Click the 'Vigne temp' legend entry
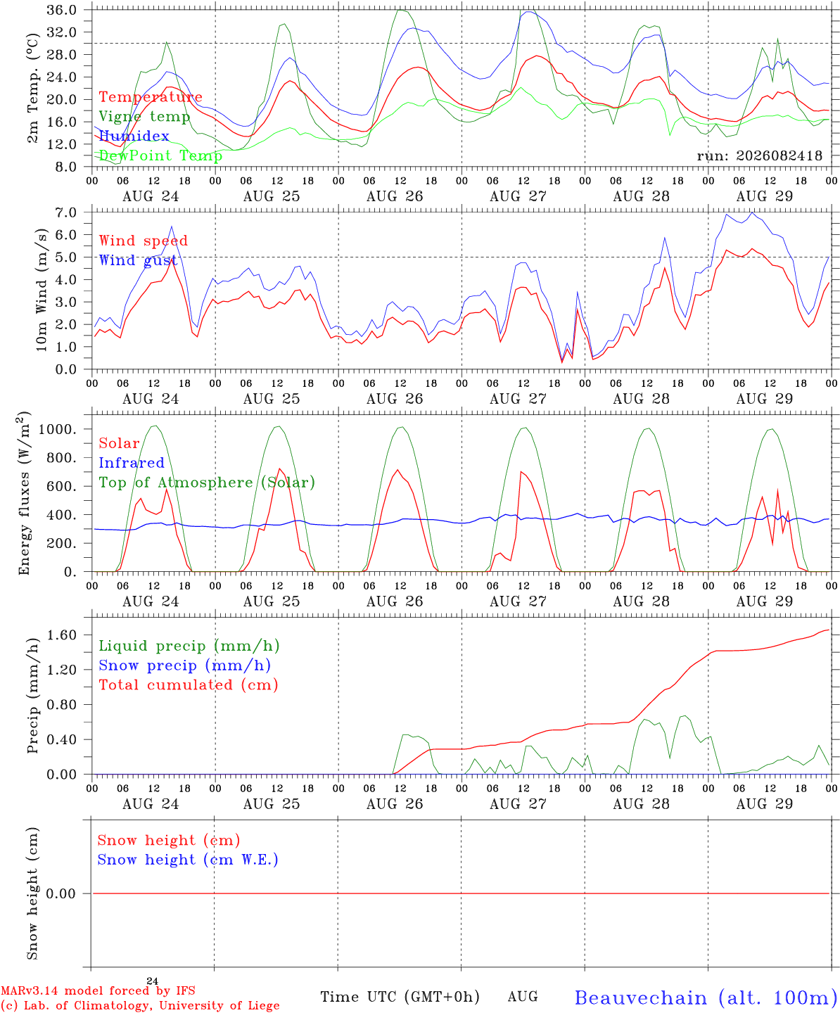point(144,117)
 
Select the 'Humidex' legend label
point(134,136)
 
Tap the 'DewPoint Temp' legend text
point(160,155)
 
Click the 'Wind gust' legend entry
point(138,260)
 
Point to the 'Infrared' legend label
point(132,463)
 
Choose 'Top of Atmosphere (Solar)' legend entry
point(207,483)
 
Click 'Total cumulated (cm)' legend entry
point(189,685)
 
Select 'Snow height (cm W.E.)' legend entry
point(187,860)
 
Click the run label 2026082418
point(759,155)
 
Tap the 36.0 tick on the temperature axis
point(61,10)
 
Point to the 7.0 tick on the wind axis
point(66,212)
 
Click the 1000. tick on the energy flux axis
point(57,429)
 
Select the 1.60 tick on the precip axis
point(61,635)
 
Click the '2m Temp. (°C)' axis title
point(32,89)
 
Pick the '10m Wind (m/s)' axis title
point(42,290)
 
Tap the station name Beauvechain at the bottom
point(641,998)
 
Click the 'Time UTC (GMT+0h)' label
point(400,997)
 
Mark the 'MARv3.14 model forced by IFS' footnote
point(98,990)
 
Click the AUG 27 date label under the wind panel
point(518,399)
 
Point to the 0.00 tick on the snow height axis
point(61,893)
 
